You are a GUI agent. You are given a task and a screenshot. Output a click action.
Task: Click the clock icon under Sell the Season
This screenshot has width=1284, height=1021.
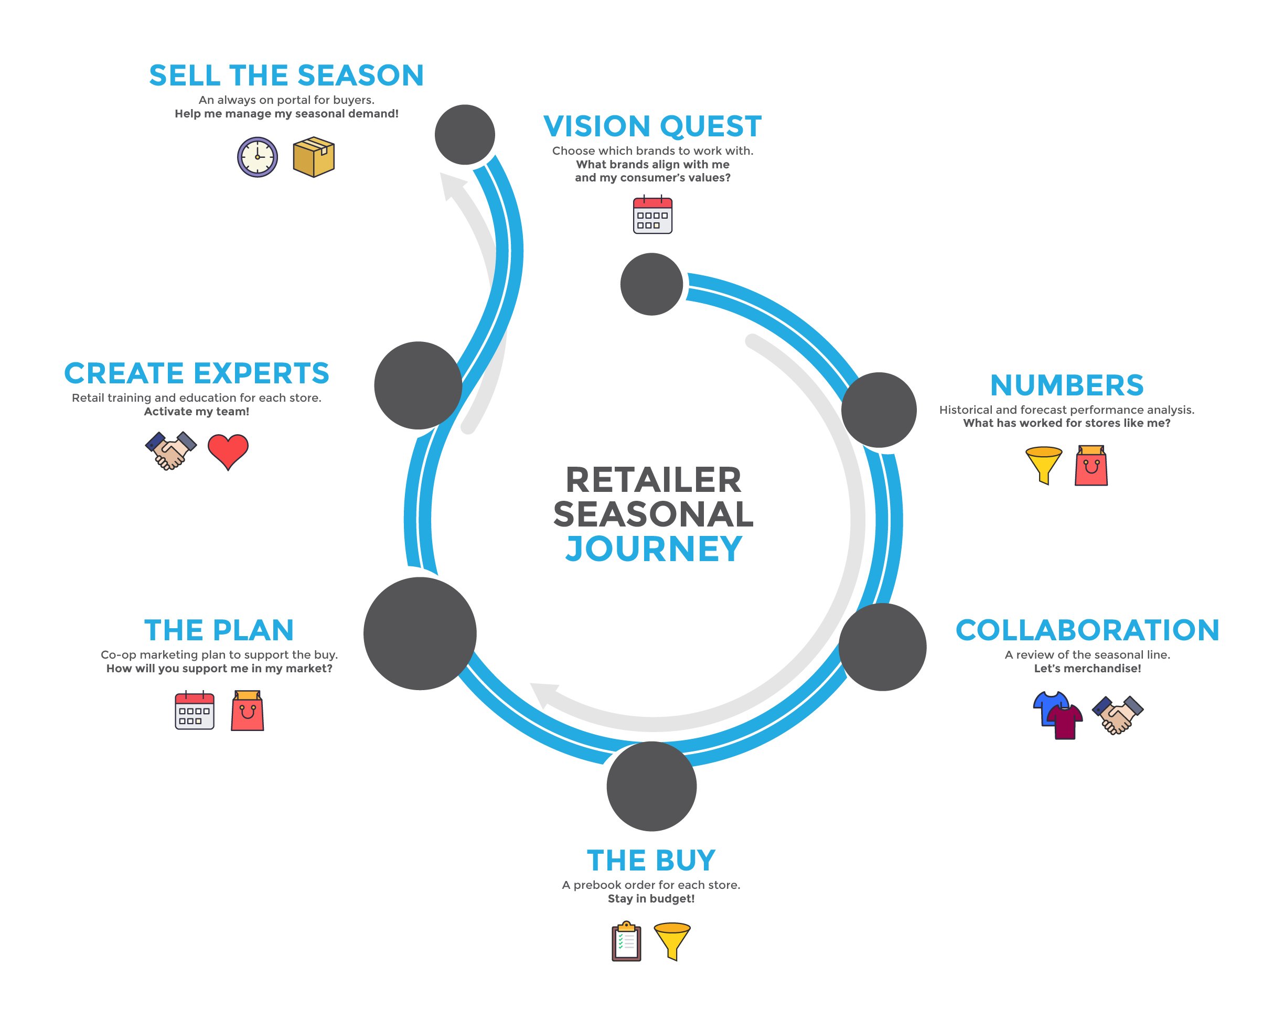coord(258,157)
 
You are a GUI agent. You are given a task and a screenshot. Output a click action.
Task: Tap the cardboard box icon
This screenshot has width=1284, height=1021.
coord(314,157)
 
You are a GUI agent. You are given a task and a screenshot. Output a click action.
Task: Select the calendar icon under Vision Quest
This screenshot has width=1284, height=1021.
coord(652,214)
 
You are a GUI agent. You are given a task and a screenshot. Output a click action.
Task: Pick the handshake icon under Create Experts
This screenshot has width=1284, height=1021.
coord(171,450)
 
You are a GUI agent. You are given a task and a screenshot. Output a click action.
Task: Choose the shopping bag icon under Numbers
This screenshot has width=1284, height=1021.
coord(1091,466)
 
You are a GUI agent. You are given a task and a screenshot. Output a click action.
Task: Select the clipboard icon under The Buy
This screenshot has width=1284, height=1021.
coord(626,941)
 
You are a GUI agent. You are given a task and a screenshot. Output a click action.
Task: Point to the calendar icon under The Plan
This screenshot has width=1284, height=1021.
coord(194,710)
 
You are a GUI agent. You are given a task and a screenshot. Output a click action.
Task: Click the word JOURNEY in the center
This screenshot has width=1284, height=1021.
coord(654,549)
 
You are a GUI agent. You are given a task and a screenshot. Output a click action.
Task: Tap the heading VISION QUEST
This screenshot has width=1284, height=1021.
coord(652,126)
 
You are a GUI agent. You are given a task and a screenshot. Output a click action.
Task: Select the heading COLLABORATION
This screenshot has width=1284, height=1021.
coord(1087,630)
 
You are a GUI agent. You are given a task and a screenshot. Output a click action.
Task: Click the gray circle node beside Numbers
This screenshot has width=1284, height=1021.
coord(879,410)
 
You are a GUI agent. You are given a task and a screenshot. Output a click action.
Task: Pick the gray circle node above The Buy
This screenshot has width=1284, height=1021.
coord(651,786)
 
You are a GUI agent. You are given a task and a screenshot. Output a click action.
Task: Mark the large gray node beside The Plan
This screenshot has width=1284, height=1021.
coord(420,633)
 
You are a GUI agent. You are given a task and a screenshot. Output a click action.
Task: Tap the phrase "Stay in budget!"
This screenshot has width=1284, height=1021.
coord(651,898)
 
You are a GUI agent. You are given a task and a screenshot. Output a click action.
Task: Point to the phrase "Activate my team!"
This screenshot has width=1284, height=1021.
coord(197,411)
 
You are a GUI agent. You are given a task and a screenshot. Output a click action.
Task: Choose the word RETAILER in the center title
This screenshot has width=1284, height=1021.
coord(654,480)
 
